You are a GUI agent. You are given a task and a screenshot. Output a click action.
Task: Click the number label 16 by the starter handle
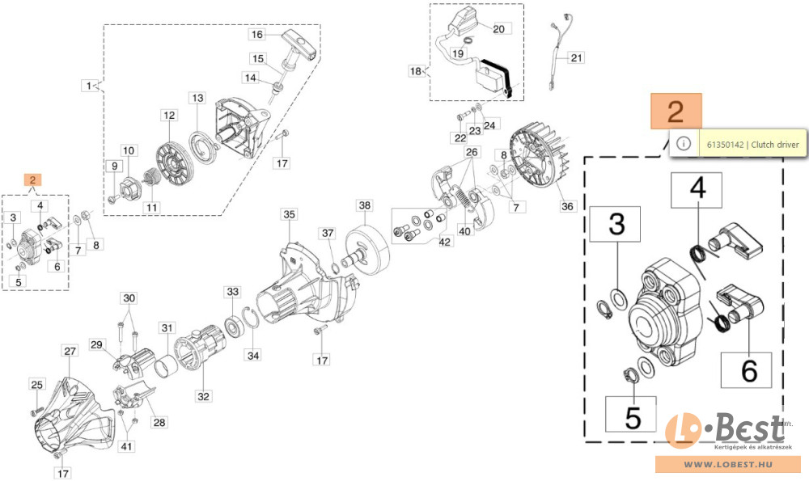coord(257,35)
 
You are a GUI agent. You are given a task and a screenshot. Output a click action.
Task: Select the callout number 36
coord(567,206)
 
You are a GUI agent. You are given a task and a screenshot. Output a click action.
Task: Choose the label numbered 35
coord(290,214)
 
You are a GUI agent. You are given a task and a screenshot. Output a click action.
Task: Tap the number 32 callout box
coord(204,396)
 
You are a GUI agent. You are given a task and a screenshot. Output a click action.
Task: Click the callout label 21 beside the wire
coord(576,57)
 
